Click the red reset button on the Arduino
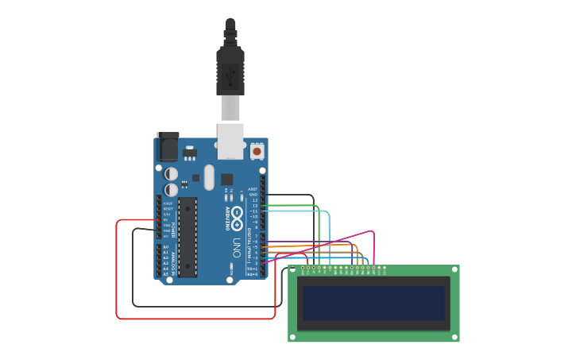click(x=257, y=150)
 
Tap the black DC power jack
click(x=168, y=146)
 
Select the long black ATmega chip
click(x=187, y=234)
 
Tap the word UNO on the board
click(x=237, y=247)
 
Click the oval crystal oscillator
click(x=209, y=176)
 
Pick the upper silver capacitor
click(x=172, y=173)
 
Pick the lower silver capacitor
click(x=172, y=191)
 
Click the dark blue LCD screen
click(x=373, y=303)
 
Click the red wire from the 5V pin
click(x=118, y=270)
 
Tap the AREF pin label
click(x=253, y=189)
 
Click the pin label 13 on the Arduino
click(x=254, y=199)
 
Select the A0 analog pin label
click(x=165, y=247)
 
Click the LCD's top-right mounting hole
click(x=454, y=270)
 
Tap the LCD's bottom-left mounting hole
click(x=292, y=337)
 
